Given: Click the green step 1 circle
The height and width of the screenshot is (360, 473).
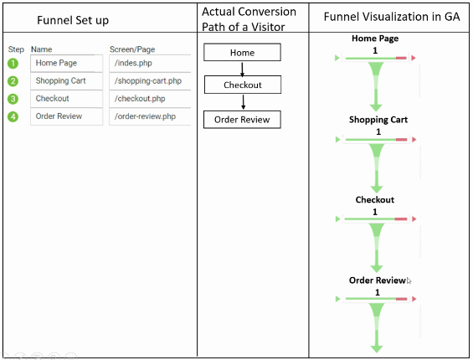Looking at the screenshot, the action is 13,64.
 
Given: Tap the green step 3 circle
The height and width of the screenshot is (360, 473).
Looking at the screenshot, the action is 13,99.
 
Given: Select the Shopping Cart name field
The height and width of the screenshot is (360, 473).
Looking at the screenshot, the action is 66,81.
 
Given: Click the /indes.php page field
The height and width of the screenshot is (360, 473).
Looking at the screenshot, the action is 150,63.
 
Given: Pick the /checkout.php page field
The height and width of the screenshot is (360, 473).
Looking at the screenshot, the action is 150,99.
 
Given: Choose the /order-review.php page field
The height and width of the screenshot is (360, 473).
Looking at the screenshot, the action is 150,116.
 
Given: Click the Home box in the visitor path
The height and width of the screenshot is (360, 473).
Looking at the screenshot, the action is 242,53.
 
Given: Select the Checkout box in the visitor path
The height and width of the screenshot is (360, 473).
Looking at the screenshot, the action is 243,85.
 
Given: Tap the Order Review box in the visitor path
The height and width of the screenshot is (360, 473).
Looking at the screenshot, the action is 242,120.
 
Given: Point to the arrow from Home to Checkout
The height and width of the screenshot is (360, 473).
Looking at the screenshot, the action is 242,69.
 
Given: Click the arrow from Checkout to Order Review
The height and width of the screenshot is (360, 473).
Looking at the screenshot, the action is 243,102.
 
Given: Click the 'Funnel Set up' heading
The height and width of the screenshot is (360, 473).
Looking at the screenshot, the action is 73,20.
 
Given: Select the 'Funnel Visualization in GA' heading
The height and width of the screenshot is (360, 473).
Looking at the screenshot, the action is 392,17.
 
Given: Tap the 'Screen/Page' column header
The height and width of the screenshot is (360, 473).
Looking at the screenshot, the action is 132,49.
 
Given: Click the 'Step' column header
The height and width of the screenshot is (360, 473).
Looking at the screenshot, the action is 16,49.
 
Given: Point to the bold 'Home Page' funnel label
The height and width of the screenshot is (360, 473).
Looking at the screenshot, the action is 375,39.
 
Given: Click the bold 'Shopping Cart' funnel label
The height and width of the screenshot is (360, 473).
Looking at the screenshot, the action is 378,120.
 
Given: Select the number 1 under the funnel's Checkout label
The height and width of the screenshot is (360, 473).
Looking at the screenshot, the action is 375,212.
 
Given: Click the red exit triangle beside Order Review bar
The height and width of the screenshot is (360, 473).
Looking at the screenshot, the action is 414,299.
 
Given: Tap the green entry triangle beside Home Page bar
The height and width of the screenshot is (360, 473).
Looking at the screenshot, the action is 337,58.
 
